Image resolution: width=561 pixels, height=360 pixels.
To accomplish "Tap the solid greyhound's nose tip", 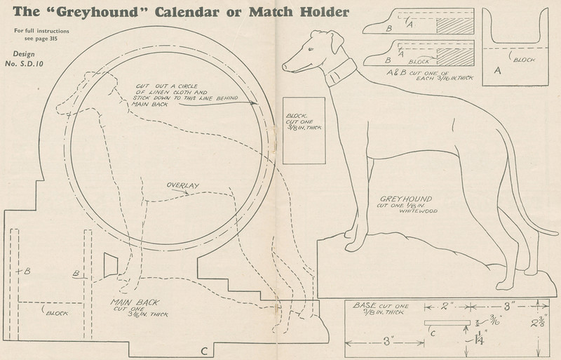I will (284, 67).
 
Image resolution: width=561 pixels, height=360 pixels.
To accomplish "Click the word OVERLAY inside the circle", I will (182, 185).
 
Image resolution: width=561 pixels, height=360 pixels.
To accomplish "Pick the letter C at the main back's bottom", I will (203, 350).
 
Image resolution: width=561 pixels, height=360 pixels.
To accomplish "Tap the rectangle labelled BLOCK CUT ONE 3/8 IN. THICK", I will (303, 131).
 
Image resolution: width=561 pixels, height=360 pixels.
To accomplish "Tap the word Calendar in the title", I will (180, 12).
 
